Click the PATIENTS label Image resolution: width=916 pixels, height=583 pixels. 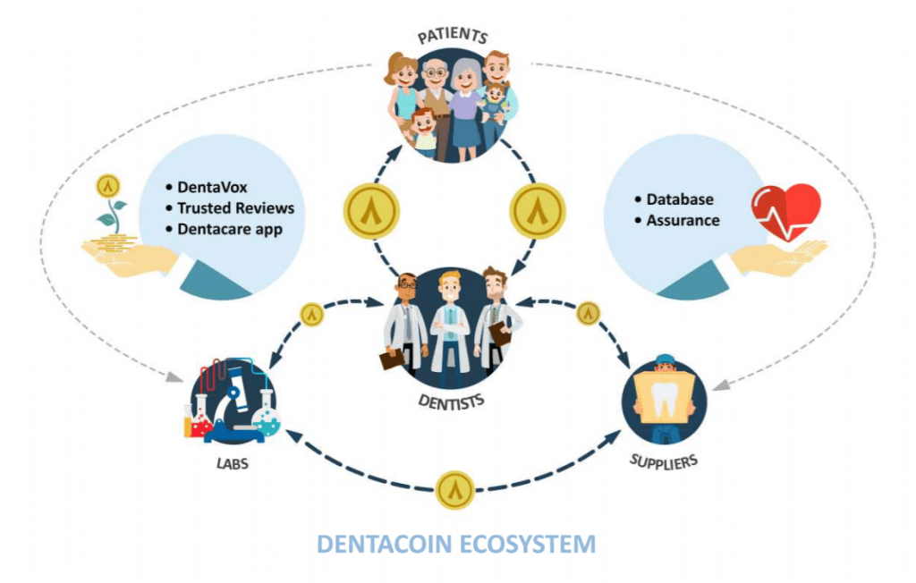pyautogui.click(x=452, y=37)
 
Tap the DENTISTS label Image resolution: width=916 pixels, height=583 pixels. pyautogui.click(x=451, y=399)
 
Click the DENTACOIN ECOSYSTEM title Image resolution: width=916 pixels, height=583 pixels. pyautogui.click(x=456, y=543)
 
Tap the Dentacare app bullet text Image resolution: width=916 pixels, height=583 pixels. pyautogui.click(x=234, y=229)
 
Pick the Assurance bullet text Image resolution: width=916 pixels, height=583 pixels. pyautogui.click(x=683, y=220)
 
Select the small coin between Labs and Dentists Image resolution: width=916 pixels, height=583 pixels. pyautogui.click(x=310, y=315)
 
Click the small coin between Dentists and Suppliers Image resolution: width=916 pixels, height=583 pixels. pyautogui.click(x=588, y=313)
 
